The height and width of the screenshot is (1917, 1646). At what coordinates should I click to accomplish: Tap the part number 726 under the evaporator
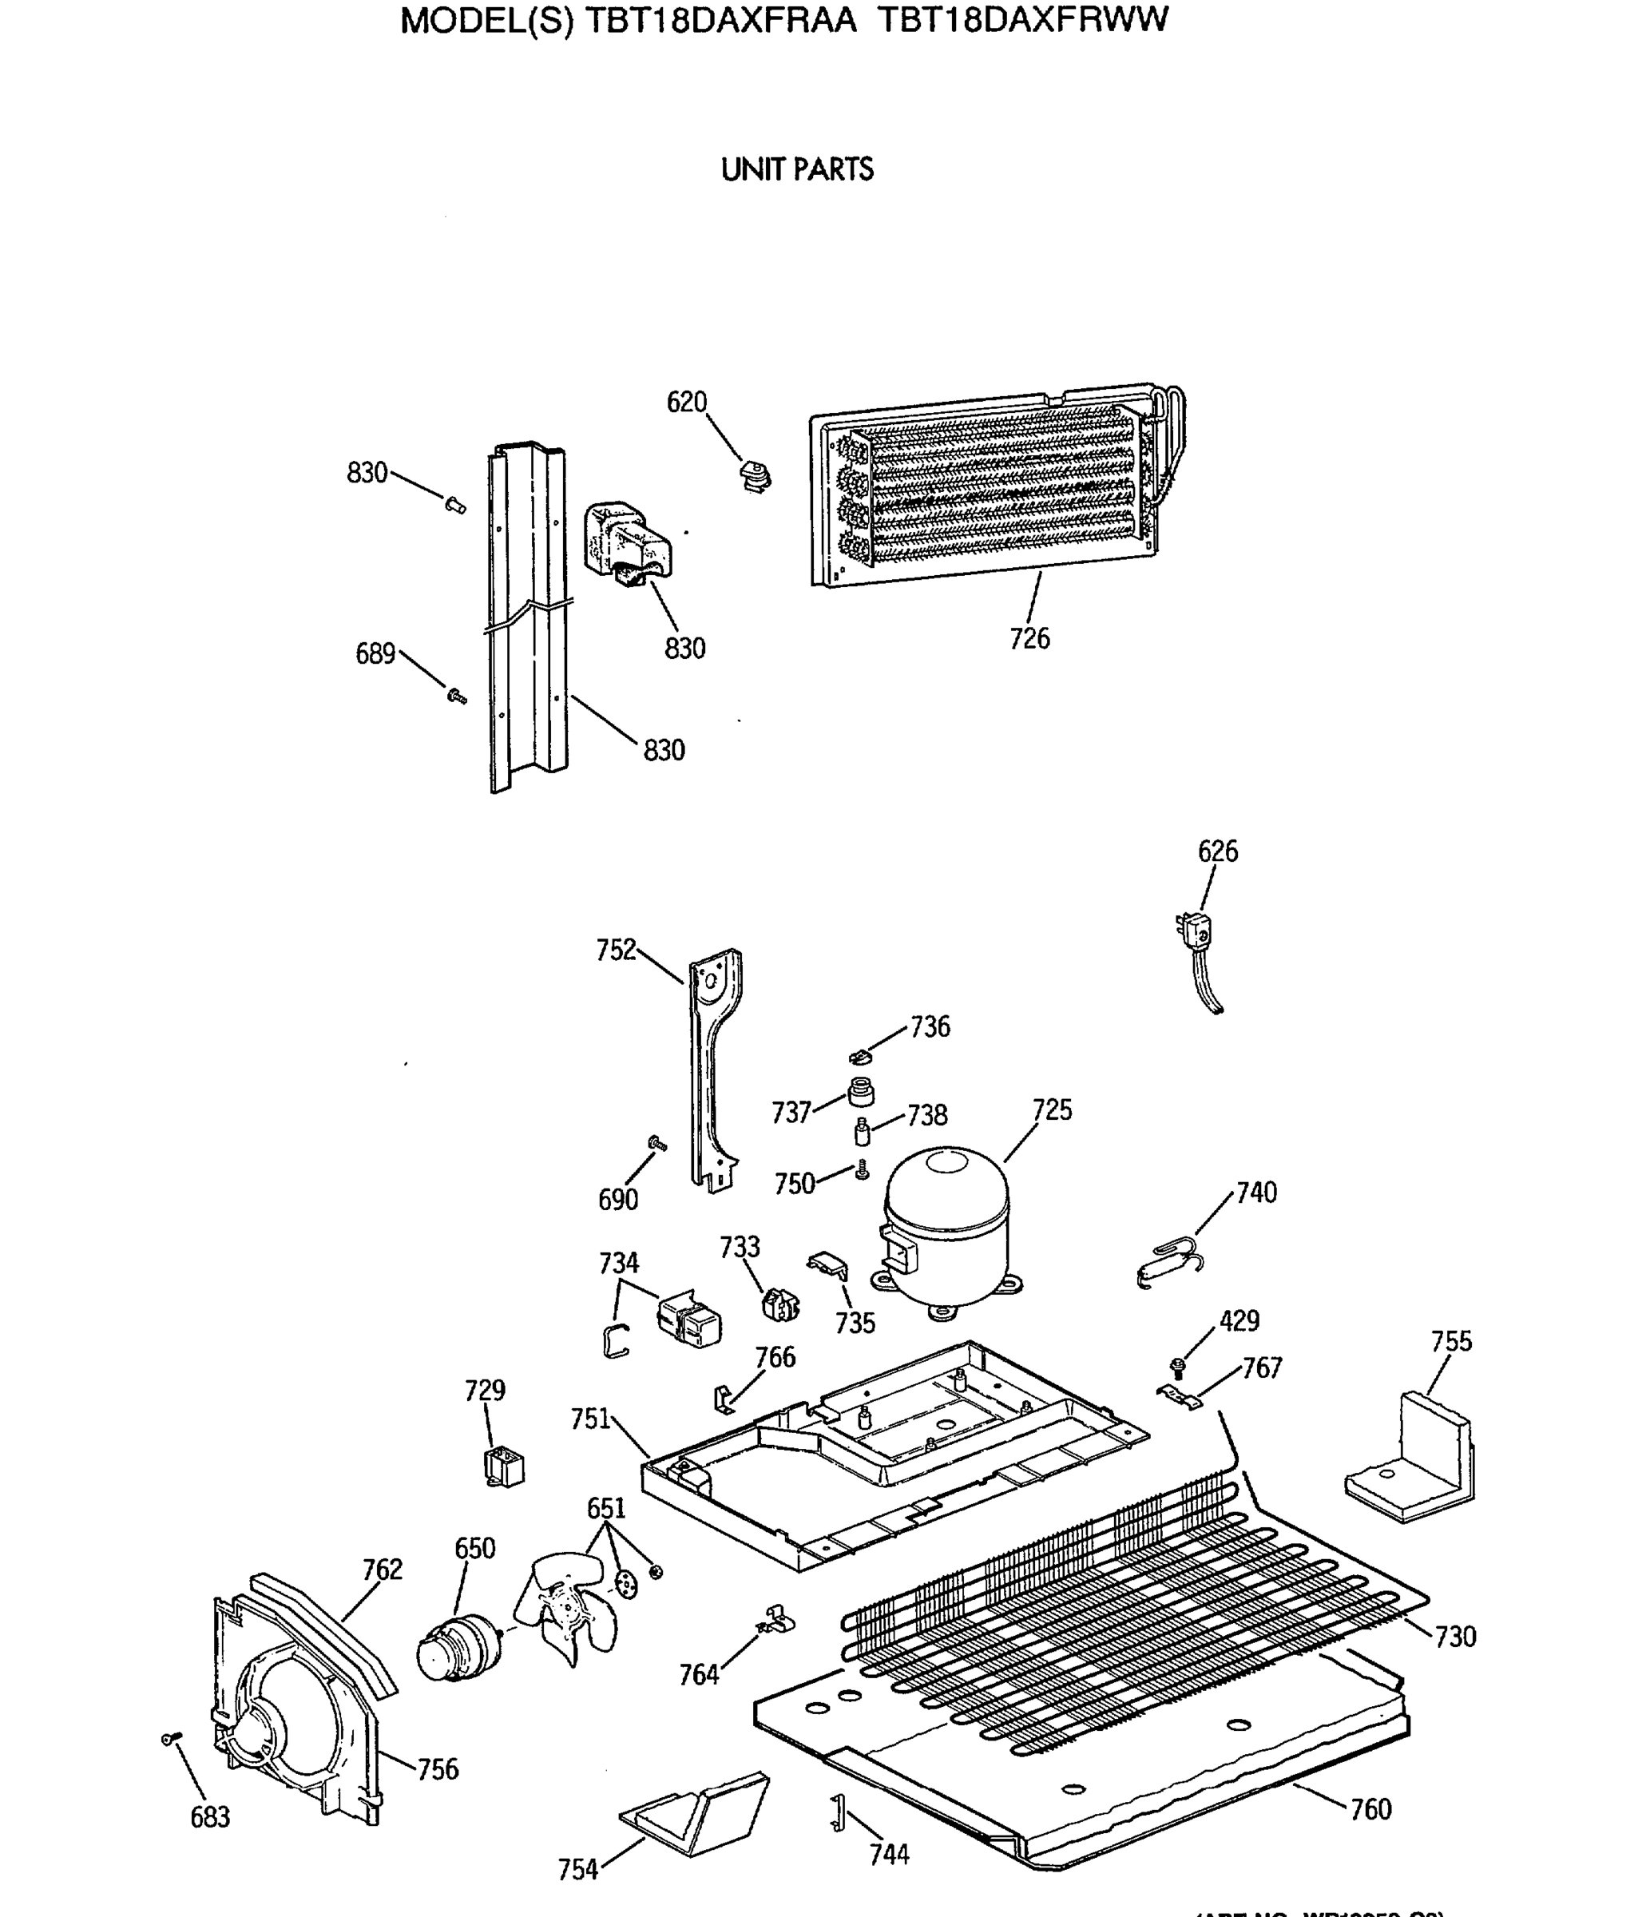[x=1029, y=638]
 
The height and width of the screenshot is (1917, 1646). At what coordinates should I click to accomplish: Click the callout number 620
[x=687, y=403]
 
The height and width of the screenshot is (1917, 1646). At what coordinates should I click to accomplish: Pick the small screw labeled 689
[x=456, y=695]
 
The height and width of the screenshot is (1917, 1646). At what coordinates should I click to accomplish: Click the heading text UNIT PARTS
[x=796, y=170]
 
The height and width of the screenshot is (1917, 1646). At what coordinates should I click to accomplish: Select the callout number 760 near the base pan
[x=1370, y=1808]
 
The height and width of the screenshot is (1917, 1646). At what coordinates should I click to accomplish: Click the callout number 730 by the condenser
[x=1455, y=1637]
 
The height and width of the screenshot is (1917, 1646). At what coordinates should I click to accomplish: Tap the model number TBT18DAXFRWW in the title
[x=1022, y=20]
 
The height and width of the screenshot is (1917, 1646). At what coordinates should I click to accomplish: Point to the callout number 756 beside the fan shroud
[x=438, y=1769]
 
